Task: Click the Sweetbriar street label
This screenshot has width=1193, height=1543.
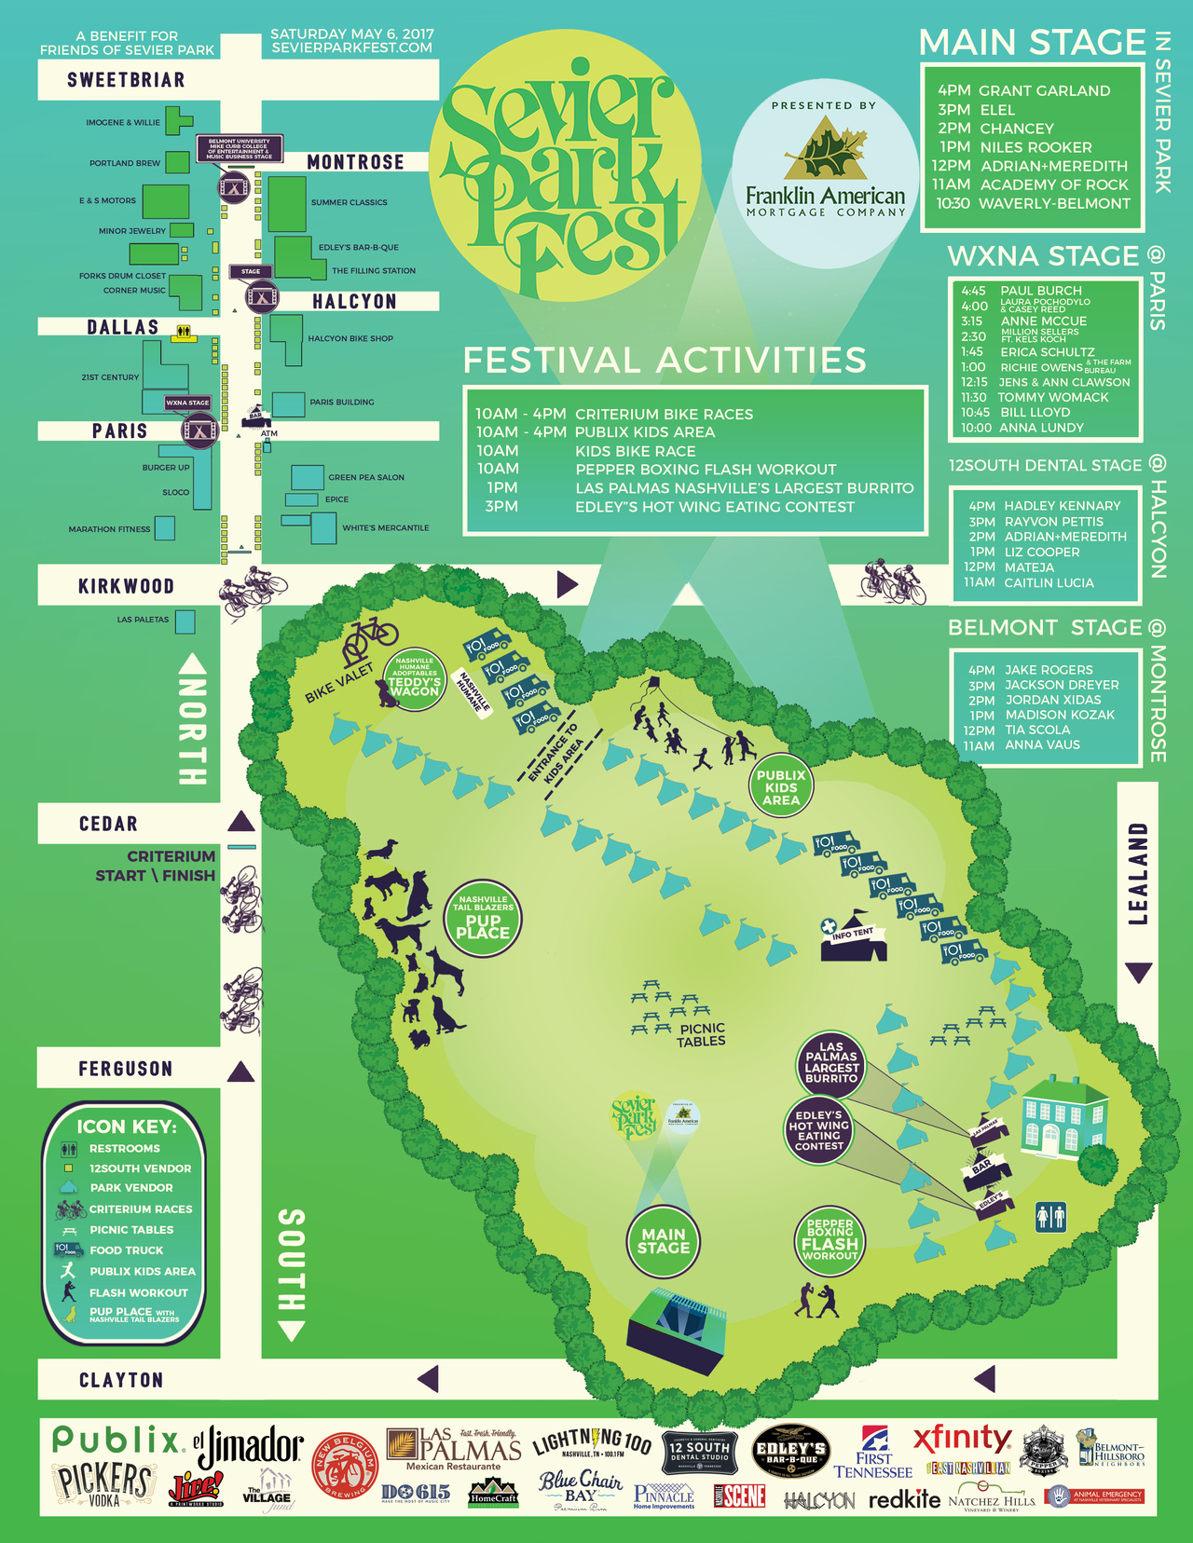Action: point(126,80)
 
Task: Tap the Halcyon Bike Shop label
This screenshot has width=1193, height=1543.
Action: point(350,338)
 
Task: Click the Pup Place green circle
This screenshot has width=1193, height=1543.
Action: point(482,919)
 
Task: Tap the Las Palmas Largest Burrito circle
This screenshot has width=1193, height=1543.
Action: point(830,1062)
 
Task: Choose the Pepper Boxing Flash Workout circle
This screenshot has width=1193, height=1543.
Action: point(830,1239)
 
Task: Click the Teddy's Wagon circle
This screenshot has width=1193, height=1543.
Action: point(414,678)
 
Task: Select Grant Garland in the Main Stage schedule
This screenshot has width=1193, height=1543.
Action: point(1044,90)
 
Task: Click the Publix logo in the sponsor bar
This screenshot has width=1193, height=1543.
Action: point(117,1441)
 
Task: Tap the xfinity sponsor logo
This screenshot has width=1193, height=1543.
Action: point(962,1441)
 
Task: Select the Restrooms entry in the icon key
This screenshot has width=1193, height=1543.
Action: point(124,1149)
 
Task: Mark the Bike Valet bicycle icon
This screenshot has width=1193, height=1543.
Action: point(370,637)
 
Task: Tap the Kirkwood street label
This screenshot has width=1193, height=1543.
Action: point(126,586)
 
